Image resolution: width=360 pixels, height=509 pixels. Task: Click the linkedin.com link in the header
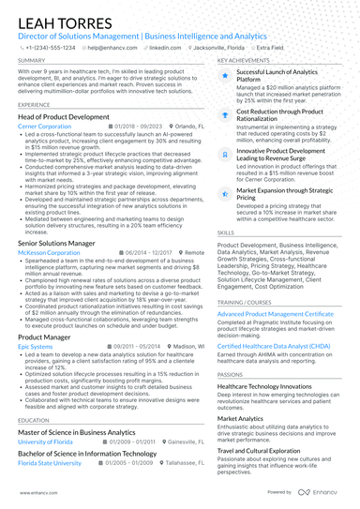coord(166,46)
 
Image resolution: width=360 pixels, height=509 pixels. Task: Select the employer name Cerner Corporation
coord(44,125)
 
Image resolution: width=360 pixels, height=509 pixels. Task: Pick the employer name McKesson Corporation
coord(49,252)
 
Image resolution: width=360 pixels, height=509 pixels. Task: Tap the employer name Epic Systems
coord(36,345)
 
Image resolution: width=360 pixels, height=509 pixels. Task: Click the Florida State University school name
coord(50,462)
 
